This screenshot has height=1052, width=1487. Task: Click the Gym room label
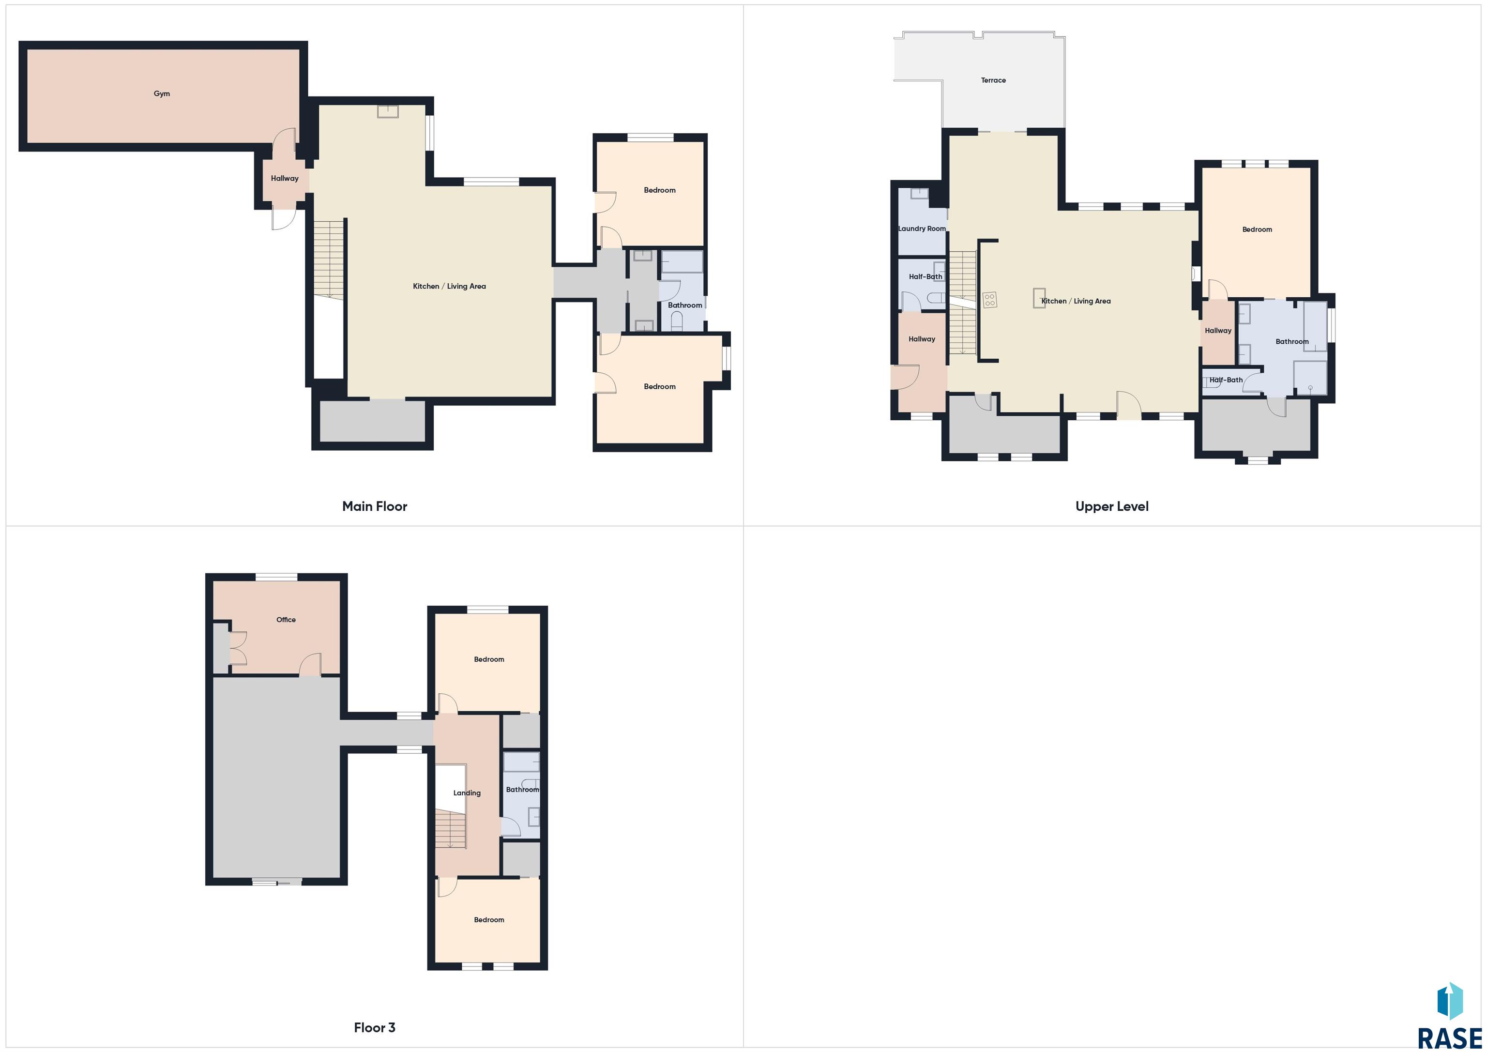click(x=162, y=94)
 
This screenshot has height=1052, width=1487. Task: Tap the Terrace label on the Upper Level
click(x=993, y=80)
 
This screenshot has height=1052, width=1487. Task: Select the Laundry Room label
click(x=922, y=229)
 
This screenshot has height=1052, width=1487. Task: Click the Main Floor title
click(x=374, y=506)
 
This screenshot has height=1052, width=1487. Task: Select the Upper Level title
click(x=1111, y=506)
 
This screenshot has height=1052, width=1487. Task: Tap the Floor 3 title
click(x=374, y=1027)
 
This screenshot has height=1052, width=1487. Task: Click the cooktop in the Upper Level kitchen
click(x=989, y=300)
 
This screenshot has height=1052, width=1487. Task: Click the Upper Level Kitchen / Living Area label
click(x=1076, y=301)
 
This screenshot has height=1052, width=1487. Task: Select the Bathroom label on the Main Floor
click(x=684, y=305)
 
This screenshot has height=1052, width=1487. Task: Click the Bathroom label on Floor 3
click(x=522, y=790)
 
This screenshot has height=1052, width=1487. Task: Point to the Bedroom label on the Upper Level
click(x=1257, y=229)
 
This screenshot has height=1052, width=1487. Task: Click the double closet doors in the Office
click(x=238, y=648)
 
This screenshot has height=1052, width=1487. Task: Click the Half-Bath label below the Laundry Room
click(x=925, y=276)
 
